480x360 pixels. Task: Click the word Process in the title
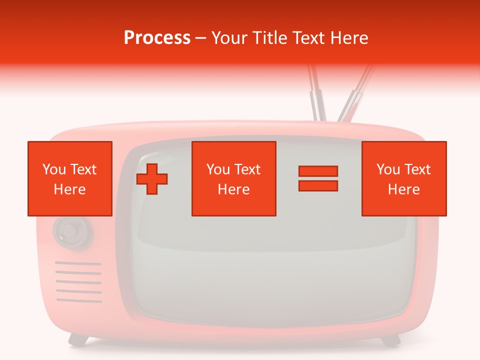tap(157, 38)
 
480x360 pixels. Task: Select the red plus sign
tap(152, 179)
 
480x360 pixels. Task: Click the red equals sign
tap(318, 178)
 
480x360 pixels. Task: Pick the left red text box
tap(70, 178)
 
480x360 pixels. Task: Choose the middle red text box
tap(233, 178)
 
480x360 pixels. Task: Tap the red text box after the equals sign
tap(404, 178)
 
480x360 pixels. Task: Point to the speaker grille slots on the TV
tap(78, 282)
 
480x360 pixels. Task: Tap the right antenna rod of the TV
tap(355, 95)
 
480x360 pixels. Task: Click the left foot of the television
tap(78, 340)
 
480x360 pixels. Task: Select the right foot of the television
tap(390, 340)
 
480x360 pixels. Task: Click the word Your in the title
tap(228, 38)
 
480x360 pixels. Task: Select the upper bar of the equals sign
tap(318, 171)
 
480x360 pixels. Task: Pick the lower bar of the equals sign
tap(318, 185)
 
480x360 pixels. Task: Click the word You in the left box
tap(53, 169)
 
